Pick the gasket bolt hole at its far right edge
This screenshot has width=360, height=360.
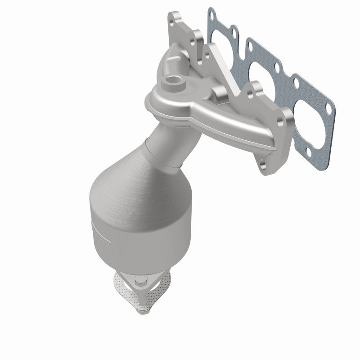click(x=331, y=109)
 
